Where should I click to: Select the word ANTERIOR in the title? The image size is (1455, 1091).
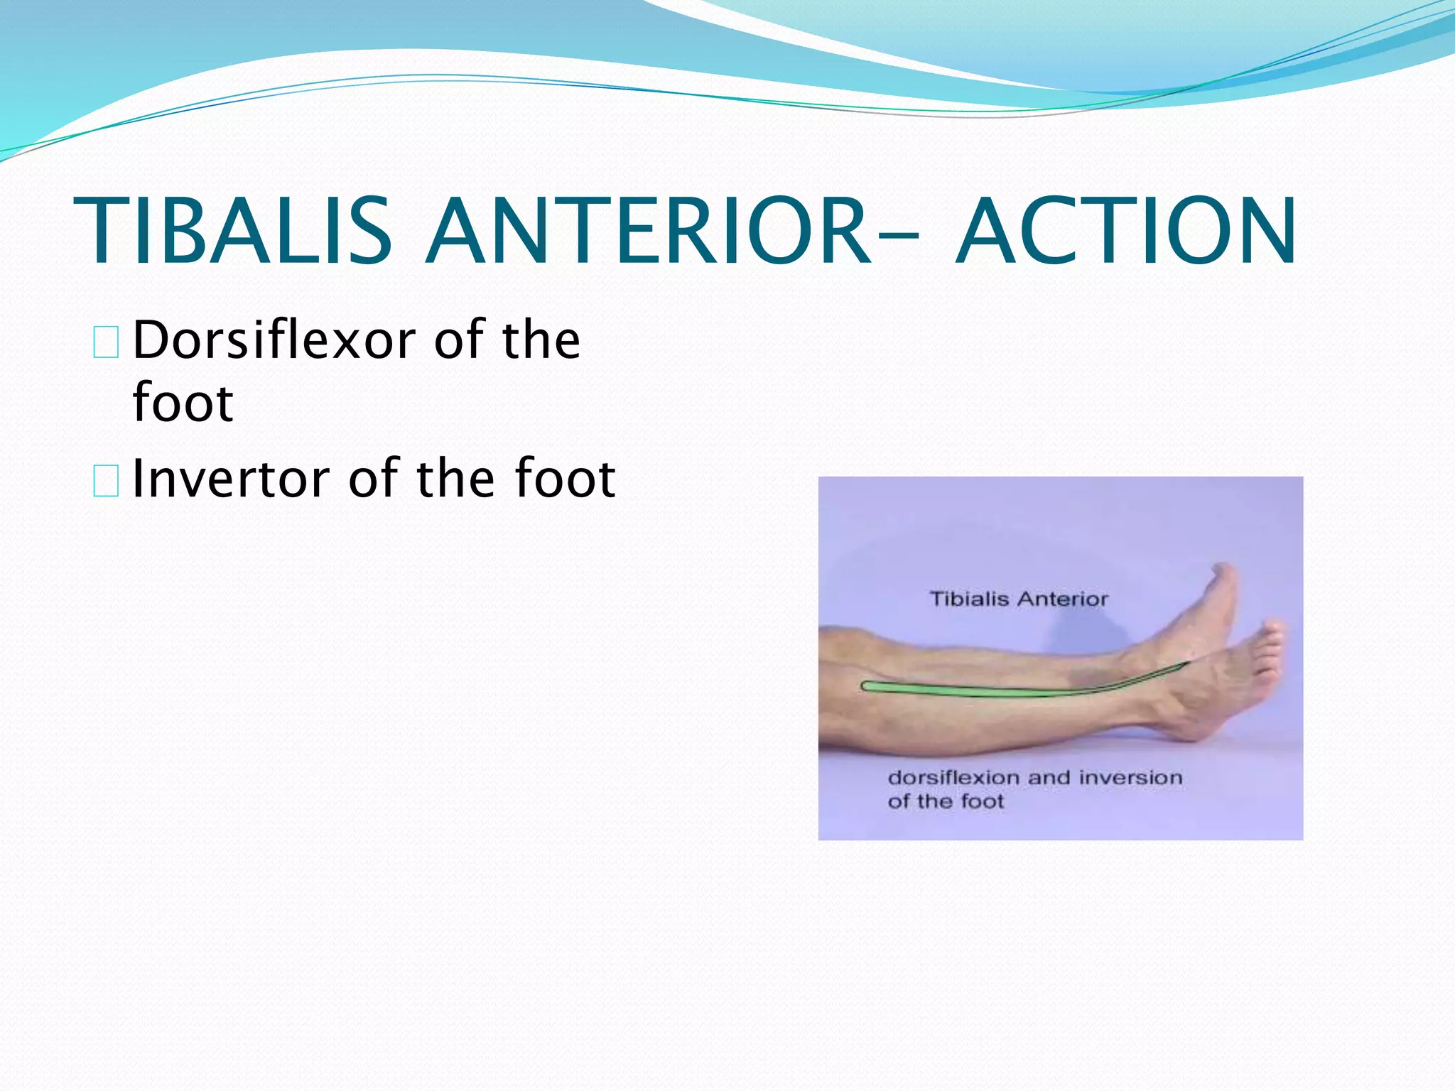648,232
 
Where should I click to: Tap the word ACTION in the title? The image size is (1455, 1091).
1126,232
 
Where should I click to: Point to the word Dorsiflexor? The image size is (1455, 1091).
274,340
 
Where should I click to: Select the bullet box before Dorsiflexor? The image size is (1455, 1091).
106,342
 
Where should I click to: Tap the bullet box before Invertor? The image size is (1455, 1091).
106,480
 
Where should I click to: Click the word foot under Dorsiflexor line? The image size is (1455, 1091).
183,403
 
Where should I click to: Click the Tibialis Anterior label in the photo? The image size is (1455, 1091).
1018,599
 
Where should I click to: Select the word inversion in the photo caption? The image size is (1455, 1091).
1130,778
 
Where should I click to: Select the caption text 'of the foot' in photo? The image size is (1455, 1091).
946,801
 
